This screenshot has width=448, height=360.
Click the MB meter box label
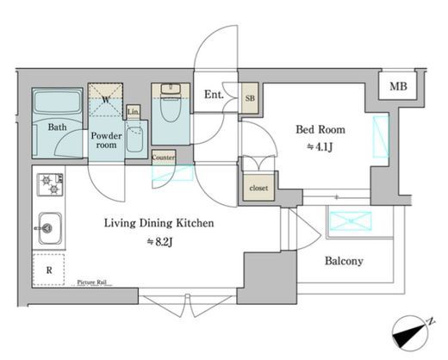[x=398, y=86]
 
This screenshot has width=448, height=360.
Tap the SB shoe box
[x=250, y=98]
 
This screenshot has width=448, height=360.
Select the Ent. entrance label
[x=214, y=95]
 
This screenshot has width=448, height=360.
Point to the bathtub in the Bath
[x=57, y=102]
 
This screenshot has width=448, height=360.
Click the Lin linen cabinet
[x=134, y=112]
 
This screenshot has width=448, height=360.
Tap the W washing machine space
[x=105, y=100]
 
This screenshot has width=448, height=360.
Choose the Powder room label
[x=106, y=140]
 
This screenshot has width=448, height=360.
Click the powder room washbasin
[x=134, y=139]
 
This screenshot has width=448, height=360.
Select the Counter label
[x=164, y=158]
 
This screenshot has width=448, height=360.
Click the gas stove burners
[x=50, y=184]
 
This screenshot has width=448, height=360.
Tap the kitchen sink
[x=50, y=228]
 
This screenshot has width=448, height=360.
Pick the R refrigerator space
[x=49, y=270]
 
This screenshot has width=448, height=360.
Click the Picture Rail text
[x=91, y=282]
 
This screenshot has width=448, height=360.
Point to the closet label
[x=258, y=188]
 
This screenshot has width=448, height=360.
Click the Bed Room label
[x=320, y=129]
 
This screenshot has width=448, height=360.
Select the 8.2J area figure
[x=159, y=242]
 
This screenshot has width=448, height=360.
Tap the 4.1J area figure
[x=320, y=147]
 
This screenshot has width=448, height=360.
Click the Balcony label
[x=344, y=261]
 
